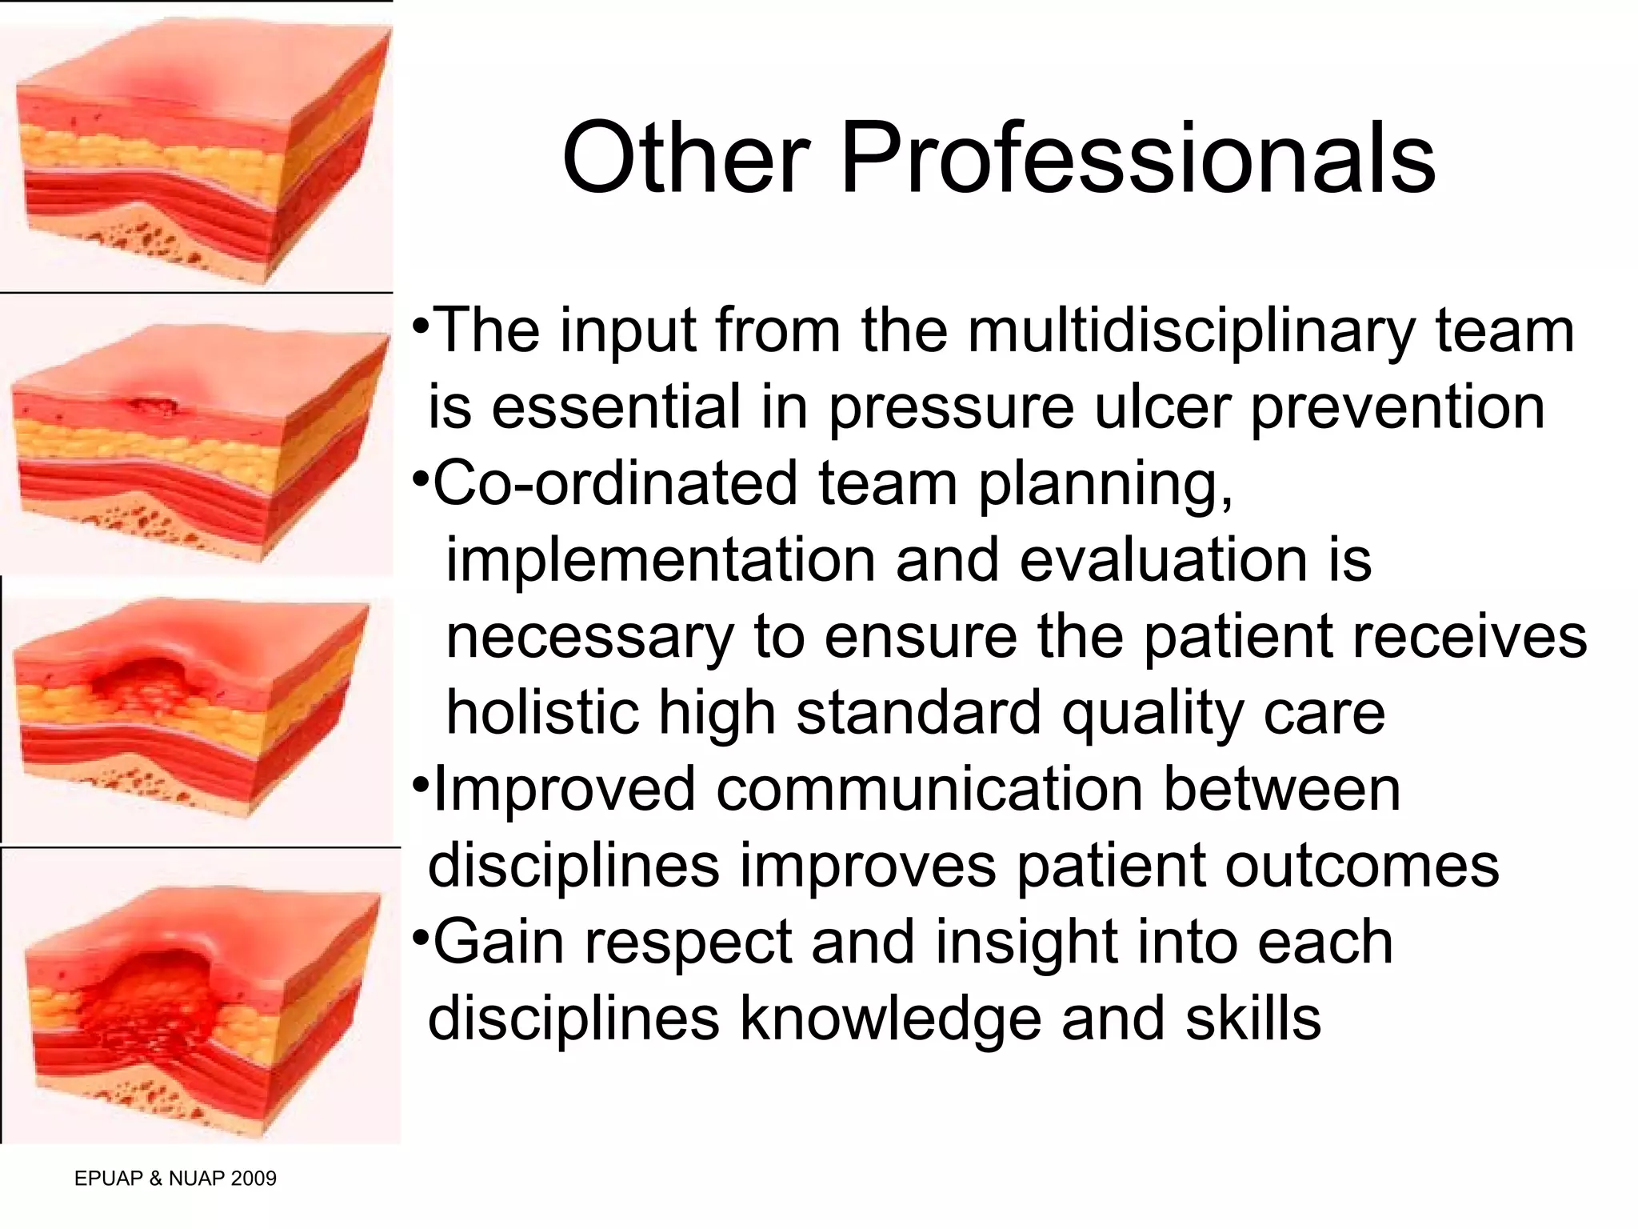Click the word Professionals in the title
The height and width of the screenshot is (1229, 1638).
(1137, 158)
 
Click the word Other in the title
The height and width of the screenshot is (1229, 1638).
(685, 158)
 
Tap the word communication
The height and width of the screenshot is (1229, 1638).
(929, 789)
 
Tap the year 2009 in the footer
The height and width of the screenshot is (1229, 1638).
(253, 1178)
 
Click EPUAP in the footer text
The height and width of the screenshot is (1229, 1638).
(108, 1178)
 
